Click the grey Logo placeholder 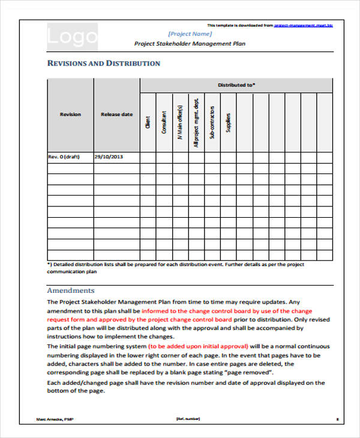click(x=72, y=37)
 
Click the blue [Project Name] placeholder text click(x=189, y=34)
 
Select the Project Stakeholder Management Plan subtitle click(x=189, y=44)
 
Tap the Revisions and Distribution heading click(x=103, y=63)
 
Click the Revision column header click(x=70, y=114)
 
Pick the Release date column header click(x=116, y=114)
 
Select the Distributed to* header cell click(x=236, y=85)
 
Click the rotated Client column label click(x=148, y=123)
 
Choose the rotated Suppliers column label click(x=228, y=122)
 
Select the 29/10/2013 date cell click(x=109, y=157)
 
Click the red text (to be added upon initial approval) click(x=198, y=347)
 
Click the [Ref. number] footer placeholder click(x=187, y=418)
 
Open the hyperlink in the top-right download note click(x=303, y=25)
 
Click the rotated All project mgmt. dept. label click(x=196, y=123)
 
